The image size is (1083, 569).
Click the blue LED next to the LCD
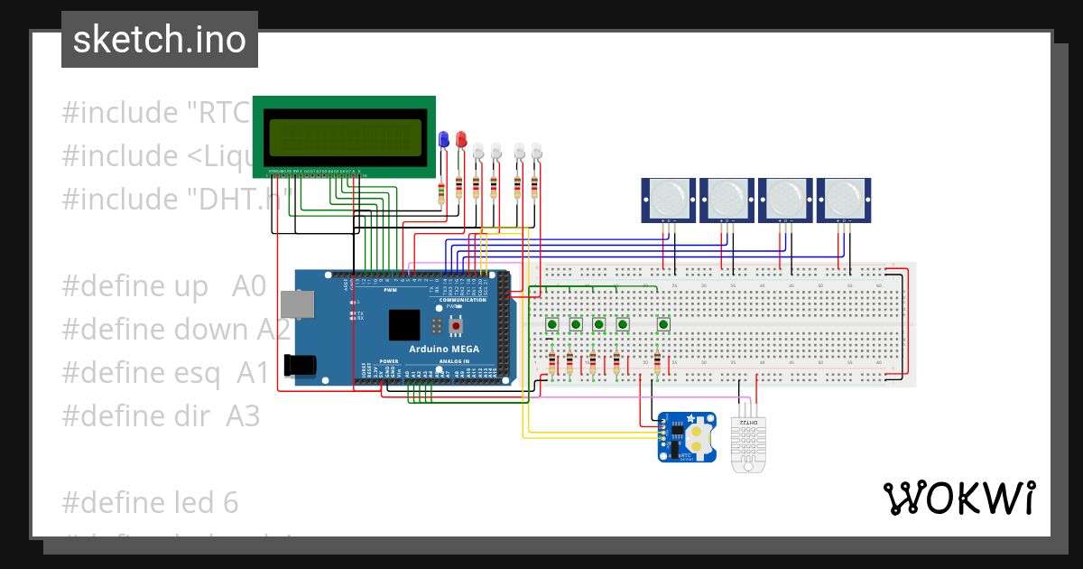[442, 139]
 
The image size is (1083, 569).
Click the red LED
[461, 139]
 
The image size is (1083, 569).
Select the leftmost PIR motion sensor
[669, 199]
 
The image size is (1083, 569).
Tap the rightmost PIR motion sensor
[844, 199]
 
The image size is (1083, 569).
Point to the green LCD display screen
[344, 136]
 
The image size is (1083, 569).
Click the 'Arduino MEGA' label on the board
[444, 349]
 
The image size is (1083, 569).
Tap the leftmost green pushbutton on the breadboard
[551, 324]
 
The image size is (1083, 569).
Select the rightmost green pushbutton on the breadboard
[663, 324]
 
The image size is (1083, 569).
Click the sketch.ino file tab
[159, 40]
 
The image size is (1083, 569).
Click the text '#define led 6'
[151, 501]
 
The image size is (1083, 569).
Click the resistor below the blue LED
[441, 191]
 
